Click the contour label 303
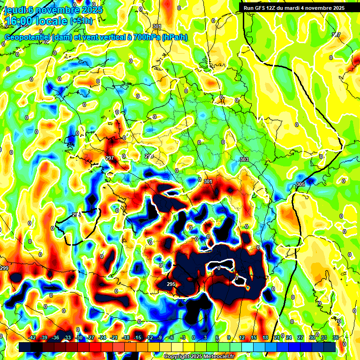point(244,160)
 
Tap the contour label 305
point(300,184)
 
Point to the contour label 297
point(110,158)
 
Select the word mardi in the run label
point(296,8)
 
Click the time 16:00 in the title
point(22,21)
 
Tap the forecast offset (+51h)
point(82,21)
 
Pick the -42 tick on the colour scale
point(32,337)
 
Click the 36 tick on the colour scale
point(335,337)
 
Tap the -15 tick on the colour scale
point(137,337)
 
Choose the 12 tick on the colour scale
point(242,337)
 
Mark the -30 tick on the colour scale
point(79,337)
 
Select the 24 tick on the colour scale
point(288,337)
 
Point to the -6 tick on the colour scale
point(172,337)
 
